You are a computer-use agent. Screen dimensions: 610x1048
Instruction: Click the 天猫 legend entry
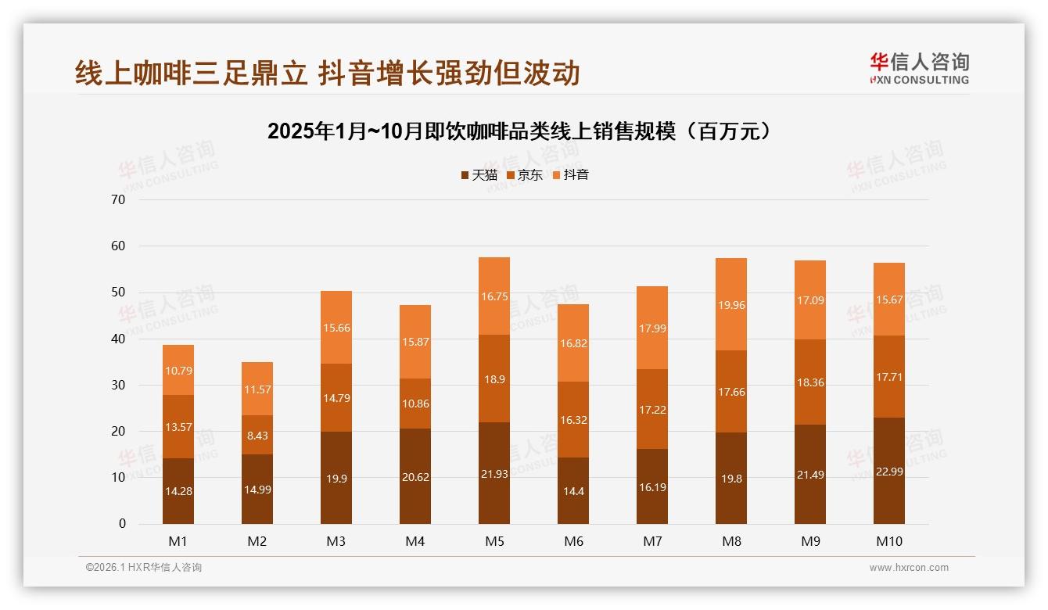479,175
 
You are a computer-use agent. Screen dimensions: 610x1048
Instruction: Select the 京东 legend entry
525,175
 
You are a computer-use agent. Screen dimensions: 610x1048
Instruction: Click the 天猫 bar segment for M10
888,471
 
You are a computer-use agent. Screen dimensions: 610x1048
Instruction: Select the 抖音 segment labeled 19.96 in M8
731,304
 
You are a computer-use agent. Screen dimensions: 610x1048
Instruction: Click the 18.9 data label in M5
494,379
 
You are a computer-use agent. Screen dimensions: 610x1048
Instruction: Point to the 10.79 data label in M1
178,370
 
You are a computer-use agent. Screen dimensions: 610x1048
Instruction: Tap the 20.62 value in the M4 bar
415,475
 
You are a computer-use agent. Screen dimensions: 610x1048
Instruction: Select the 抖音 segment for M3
336,328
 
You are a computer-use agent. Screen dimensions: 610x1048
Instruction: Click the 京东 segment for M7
652,409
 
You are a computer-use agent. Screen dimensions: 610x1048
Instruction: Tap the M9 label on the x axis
809,541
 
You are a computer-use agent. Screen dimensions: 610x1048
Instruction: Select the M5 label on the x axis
494,541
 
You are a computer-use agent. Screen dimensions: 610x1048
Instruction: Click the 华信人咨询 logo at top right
919,69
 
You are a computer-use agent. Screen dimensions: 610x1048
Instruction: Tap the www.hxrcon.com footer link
909,568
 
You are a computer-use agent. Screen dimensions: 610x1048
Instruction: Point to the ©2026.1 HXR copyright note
144,568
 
